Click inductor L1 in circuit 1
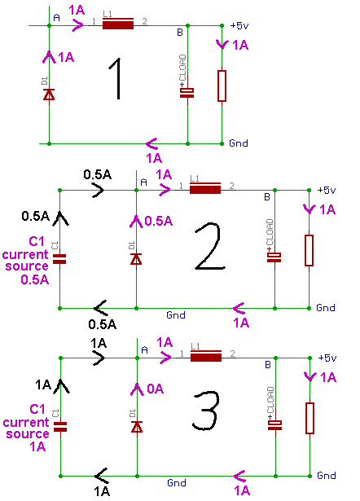pyautogui.click(x=118, y=24)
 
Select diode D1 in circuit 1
pyautogui.click(x=49, y=94)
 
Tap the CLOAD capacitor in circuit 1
pyautogui.click(x=187, y=92)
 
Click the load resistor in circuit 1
pyautogui.click(x=222, y=86)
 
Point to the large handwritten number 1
pyautogui.click(x=116, y=78)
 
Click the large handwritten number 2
pyautogui.click(x=209, y=246)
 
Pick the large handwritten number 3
pyautogui.click(x=206, y=411)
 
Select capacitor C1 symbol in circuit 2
pyautogui.click(x=59, y=259)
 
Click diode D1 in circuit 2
pyautogui.click(x=136, y=259)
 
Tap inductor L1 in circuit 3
pyautogui.click(x=206, y=356)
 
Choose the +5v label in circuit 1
pyautogui.click(x=239, y=25)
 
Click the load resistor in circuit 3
pyautogui.click(x=310, y=418)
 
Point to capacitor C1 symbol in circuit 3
pyautogui.click(x=60, y=427)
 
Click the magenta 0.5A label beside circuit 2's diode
pyautogui.click(x=159, y=221)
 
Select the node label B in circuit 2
pyautogui.click(x=267, y=197)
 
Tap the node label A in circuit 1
pyautogui.click(x=56, y=18)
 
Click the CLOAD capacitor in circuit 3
pyautogui.click(x=274, y=425)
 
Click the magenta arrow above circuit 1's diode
pyautogui.click(x=49, y=56)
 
